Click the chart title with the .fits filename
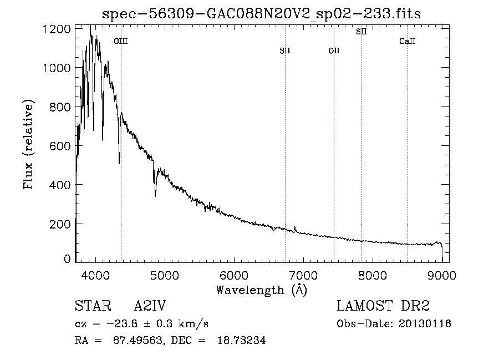pos(261,14)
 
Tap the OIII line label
pos(121,41)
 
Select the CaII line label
pos(408,41)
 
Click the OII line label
pos(334,50)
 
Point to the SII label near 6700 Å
pos(285,50)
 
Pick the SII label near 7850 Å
pos(361,32)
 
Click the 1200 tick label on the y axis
pos(57,29)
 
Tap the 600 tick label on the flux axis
pos(60,146)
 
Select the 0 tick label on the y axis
pos(67,259)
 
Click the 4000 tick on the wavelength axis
pos(95,275)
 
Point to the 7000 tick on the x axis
pos(303,275)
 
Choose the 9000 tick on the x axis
pos(442,275)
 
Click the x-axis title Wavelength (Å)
pos(262,290)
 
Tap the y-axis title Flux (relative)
pos(28,145)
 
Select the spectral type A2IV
pos(150,306)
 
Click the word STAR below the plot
pos(93,306)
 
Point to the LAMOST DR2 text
pos(383,306)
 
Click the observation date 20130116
pos(425,324)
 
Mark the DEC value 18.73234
pos(241,340)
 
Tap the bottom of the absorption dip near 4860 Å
pos(155,196)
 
